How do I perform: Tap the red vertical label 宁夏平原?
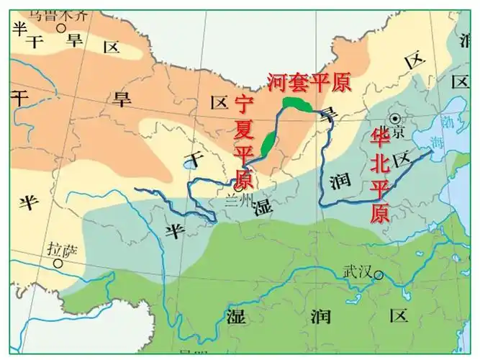(245, 142)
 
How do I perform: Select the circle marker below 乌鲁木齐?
(62, 28)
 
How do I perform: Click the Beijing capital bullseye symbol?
(395, 118)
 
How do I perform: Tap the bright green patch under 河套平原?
(297, 105)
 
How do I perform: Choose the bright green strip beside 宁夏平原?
(268, 143)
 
